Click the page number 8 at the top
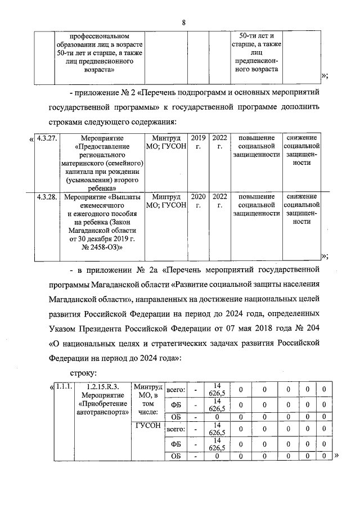coord(183,22)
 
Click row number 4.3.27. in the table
coord(44,138)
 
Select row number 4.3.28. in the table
coord(44,197)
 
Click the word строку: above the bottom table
coord(84,372)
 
